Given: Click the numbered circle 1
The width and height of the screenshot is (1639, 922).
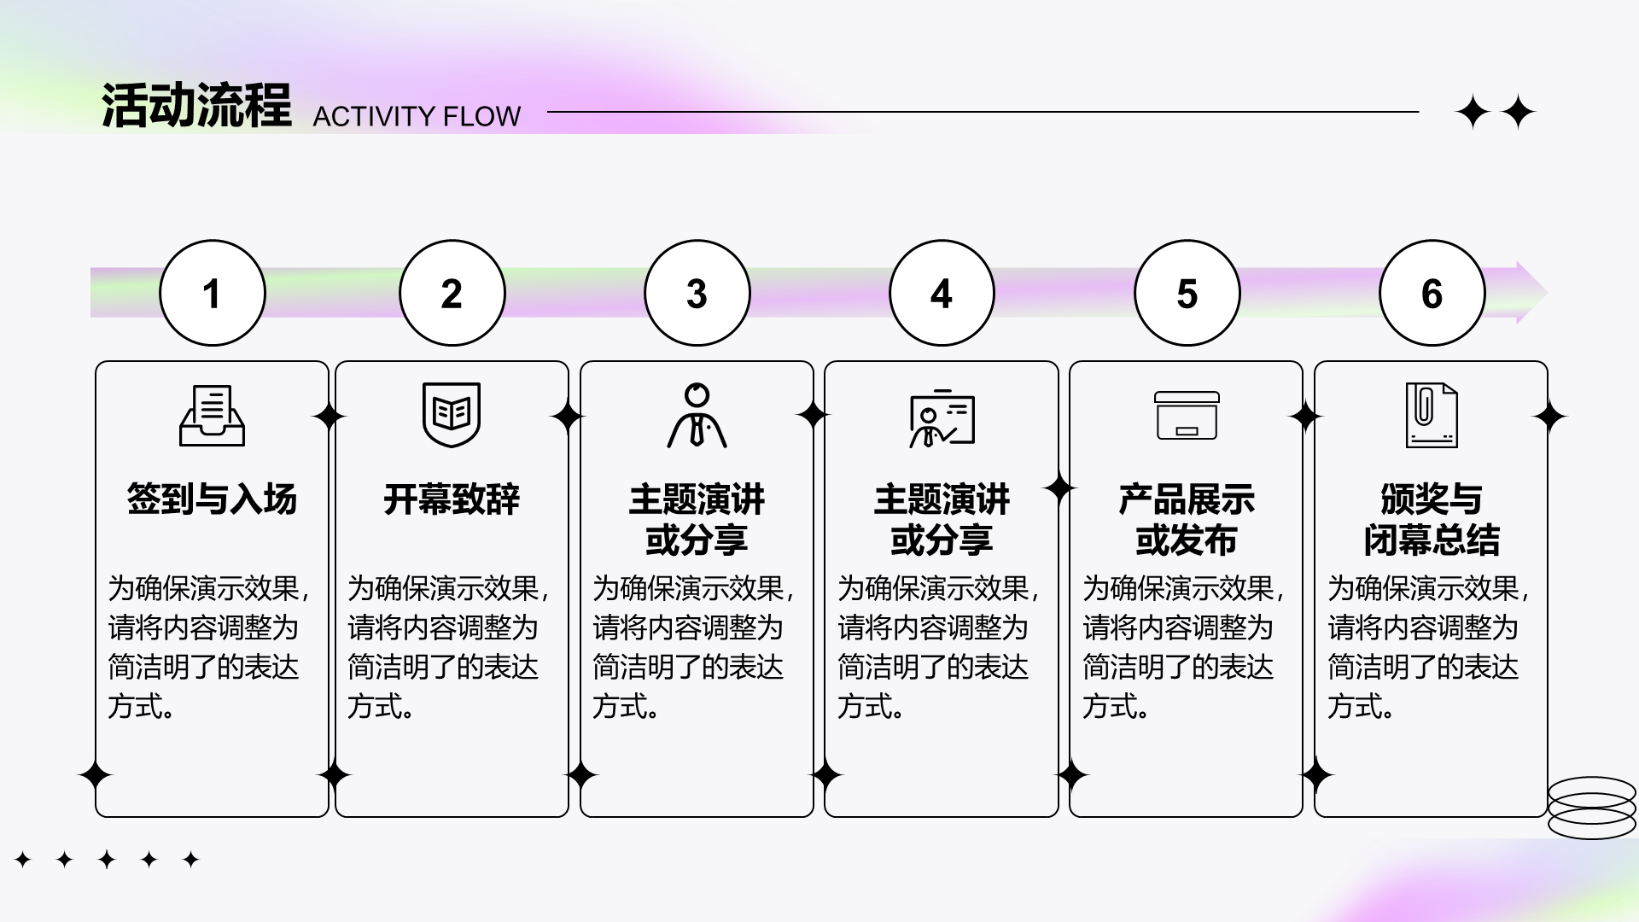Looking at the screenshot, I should click(x=213, y=293).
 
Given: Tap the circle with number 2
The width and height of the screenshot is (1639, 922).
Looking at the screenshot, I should click(x=452, y=293).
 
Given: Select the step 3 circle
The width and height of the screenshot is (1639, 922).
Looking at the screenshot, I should click(x=697, y=293).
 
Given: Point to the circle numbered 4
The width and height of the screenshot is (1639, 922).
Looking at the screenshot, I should click(x=942, y=293).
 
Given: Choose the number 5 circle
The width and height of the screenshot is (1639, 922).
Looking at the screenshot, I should click(x=1187, y=293).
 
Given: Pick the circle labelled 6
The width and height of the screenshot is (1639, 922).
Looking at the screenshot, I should click(x=1432, y=293).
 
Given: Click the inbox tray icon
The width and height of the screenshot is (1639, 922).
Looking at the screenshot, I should click(x=212, y=416).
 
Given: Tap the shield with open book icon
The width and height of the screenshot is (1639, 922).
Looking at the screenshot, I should click(x=452, y=415).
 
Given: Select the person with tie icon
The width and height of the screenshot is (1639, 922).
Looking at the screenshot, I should click(x=697, y=416).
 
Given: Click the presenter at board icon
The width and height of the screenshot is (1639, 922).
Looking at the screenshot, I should click(x=942, y=418).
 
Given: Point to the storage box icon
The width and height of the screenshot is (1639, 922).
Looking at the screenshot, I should click(x=1187, y=416).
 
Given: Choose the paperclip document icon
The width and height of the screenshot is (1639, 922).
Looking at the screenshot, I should click(x=1432, y=416).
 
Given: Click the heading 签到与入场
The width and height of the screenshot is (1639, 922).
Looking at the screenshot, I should click(x=212, y=499).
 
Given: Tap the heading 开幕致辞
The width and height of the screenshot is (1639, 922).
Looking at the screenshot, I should click(x=452, y=499).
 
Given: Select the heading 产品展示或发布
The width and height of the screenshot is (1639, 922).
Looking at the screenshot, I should click(x=1187, y=520).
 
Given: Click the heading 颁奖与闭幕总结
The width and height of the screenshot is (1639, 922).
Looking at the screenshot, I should click(x=1432, y=520).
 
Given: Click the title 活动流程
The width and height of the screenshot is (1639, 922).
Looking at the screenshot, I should click(x=196, y=107).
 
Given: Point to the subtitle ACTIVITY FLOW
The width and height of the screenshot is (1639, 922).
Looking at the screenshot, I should click(x=417, y=116).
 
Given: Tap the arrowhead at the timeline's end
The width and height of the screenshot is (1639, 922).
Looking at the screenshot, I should click(x=1531, y=293).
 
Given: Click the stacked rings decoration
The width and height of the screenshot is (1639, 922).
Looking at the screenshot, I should click(x=1591, y=807).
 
